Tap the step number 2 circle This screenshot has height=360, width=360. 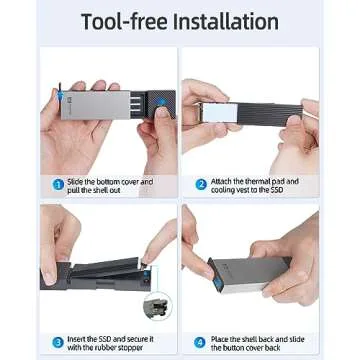200,183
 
